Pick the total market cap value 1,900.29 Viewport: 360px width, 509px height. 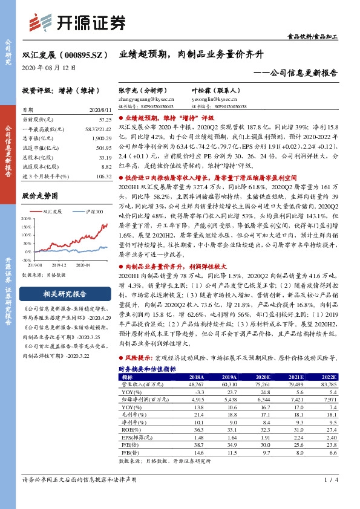[100, 138]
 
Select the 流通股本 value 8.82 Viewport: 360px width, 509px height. [106, 165]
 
